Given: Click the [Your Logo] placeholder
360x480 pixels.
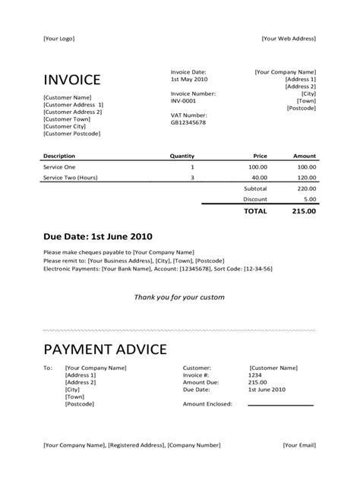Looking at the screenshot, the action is [59, 39].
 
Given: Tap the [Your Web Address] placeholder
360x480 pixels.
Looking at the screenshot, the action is [288, 39].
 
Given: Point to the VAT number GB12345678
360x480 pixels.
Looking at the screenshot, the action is [188, 122].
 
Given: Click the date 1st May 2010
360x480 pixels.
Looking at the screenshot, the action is [188, 79].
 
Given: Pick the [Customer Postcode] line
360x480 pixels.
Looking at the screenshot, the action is [73, 134].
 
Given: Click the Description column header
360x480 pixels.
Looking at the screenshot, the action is [59, 156].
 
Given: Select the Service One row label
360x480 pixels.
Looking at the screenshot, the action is [60, 166].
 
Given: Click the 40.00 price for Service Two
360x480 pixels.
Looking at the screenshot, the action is [259, 178].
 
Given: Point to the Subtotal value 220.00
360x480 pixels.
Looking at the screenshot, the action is [305, 188].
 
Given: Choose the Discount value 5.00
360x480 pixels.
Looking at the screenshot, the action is [309, 199].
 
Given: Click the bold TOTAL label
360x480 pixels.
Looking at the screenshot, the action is [254, 211].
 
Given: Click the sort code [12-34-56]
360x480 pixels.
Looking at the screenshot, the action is [256, 269].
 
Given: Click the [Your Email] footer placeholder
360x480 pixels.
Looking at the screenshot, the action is [299, 445].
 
